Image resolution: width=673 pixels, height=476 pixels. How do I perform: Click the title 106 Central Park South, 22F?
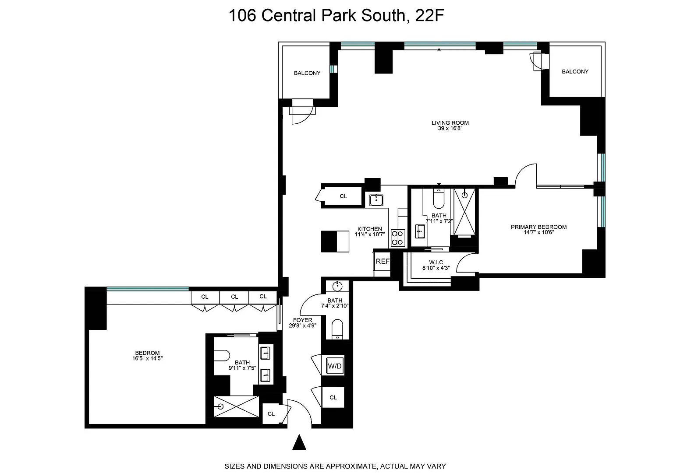[x=336, y=16]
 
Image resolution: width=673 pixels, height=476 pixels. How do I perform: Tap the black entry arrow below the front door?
[x=299, y=442]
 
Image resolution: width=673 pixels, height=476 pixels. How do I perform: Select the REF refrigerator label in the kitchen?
[x=383, y=261]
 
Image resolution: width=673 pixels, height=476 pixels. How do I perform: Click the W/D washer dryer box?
[x=335, y=366]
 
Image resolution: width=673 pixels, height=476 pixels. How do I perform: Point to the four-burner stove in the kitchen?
[x=398, y=238]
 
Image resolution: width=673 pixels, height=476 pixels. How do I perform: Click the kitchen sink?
[x=376, y=200]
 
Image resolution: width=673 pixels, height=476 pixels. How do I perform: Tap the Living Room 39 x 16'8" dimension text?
[x=450, y=128]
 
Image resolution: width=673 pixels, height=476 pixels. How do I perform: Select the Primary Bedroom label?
[x=538, y=227]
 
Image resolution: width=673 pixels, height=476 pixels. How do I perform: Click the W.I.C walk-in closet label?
[x=436, y=262]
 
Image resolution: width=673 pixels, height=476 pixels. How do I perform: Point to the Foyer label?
[x=303, y=320]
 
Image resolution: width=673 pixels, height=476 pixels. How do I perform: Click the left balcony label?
[x=307, y=73]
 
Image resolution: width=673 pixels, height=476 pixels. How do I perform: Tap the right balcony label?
[x=575, y=72]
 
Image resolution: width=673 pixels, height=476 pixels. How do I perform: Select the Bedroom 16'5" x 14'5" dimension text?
[x=148, y=358]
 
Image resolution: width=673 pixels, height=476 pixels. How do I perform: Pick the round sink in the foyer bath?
[x=338, y=286]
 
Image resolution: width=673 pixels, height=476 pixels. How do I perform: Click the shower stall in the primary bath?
[x=464, y=212]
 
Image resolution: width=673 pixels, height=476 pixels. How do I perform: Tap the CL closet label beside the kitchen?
[x=343, y=196]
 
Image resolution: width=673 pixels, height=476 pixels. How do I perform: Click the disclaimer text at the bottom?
[x=335, y=466]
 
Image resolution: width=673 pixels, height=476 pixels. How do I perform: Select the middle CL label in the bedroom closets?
[x=234, y=297]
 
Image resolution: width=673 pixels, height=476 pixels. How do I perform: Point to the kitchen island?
[x=335, y=241]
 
